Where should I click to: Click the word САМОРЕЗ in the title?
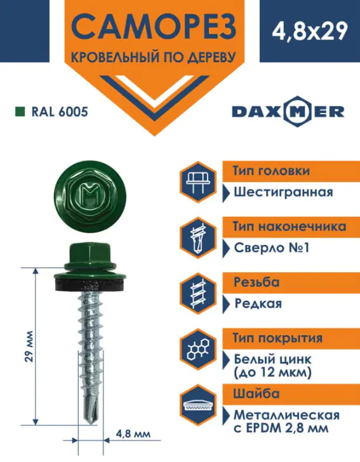point(154,26)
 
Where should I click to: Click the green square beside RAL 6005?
point(20,112)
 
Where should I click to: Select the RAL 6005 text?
point(60,112)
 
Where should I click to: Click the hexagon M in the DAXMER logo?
point(297,112)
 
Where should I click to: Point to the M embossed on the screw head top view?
point(89,194)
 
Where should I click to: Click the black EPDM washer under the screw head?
point(90,284)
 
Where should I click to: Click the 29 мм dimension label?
point(29,346)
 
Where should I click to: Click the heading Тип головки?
point(271,171)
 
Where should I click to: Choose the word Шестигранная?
point(283,193)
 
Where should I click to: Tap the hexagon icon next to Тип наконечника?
point(198,238)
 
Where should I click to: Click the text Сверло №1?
point(272,248)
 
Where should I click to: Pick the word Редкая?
point(258,303)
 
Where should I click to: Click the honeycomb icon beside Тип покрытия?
point(198,349)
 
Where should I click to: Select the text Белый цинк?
point(272,359)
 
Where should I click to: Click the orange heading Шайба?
point(257,393)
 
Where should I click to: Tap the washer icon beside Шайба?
point(198,405)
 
